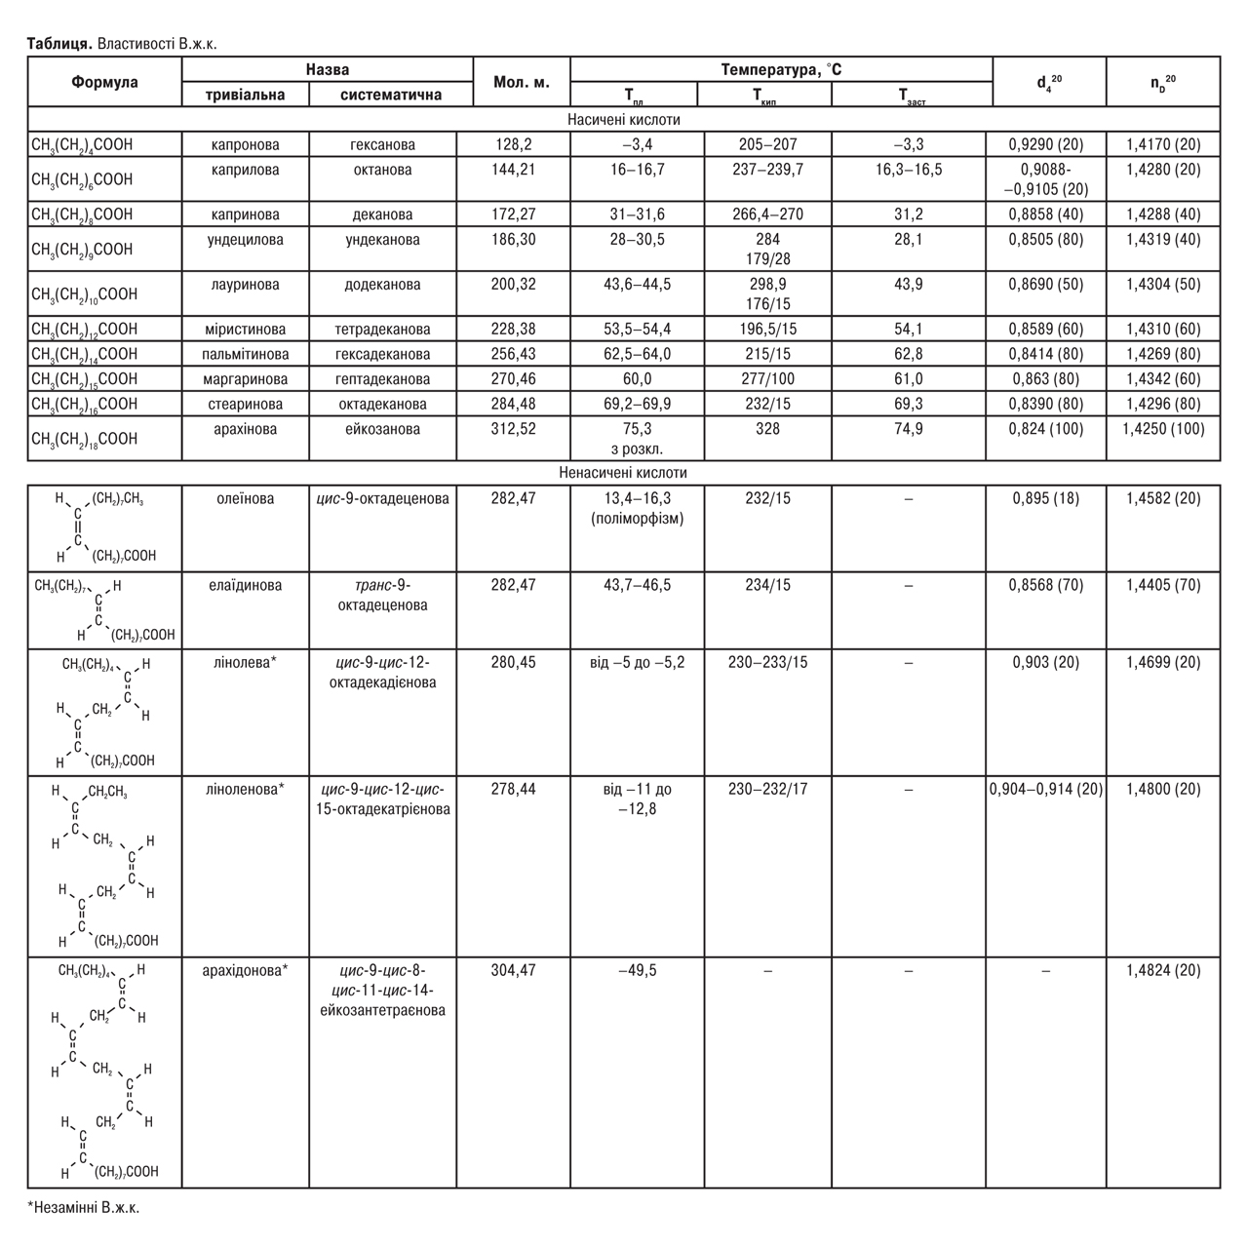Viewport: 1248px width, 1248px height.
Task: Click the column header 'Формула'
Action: tap(104, 82)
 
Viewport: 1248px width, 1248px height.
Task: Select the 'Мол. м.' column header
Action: tap(522, 82)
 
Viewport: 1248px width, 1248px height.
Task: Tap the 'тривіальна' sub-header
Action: tap(245, 95)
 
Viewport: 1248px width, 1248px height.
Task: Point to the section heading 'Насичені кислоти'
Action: tap(623, 120)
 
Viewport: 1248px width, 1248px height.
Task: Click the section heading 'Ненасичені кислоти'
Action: tap(623, 473)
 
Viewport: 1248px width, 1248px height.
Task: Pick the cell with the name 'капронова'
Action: tap(245, 144)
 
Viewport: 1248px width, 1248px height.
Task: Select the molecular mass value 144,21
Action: tap(514, 170)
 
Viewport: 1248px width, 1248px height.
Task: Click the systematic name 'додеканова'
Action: tap(382, 285)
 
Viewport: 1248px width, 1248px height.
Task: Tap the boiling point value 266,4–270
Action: tap(767, 214)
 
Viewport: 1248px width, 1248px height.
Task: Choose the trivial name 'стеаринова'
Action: tap(245, 404)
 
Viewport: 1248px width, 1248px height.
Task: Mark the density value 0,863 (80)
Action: tap(1046, 379)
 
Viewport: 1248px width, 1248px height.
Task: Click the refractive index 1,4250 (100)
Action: tap(1163, 429)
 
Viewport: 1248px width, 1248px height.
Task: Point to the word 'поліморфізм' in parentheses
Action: tap(638, 519)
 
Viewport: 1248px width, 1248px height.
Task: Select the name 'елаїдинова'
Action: tap(245, 586)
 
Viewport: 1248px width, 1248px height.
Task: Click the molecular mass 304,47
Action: tap(514, 971)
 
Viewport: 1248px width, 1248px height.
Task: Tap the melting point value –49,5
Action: tap(638, 971)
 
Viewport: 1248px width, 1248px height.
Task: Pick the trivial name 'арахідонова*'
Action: tap(245, 971)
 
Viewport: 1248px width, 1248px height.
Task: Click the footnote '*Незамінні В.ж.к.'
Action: tap(84, 1207)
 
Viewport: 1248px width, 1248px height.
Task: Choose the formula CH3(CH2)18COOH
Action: tap(85, 439)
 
